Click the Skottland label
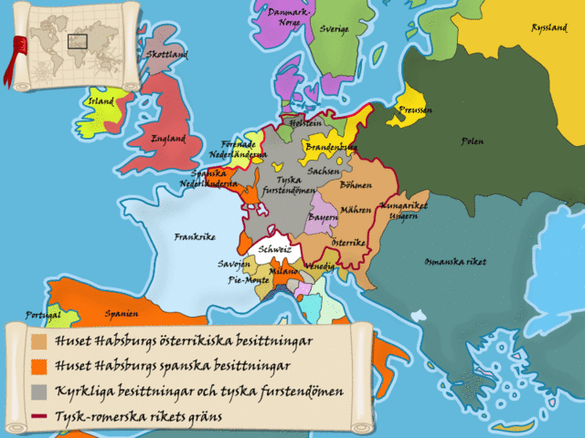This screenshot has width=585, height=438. coord(166,55)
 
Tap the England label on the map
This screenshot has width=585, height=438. coord(168,139)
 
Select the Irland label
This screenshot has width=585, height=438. coord(100,101)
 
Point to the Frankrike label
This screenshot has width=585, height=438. coord(194,236)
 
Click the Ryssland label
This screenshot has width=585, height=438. coord(548,28)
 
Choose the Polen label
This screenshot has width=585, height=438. coord(473,141)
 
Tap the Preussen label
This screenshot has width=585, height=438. coord(416,109)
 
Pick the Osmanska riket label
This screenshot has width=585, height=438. coord(455,262)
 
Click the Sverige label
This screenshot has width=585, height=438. coord(335,29)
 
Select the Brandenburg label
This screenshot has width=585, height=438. coord(331,146)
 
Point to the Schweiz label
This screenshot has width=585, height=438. coord(274,248)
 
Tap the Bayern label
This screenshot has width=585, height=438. coord(323,219)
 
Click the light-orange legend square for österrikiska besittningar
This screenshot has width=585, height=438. coord(38,342)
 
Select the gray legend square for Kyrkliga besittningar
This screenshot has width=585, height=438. coord(38,391)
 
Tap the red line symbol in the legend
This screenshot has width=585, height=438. coord(38,417)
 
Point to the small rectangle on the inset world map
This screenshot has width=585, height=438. coord(77,40)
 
